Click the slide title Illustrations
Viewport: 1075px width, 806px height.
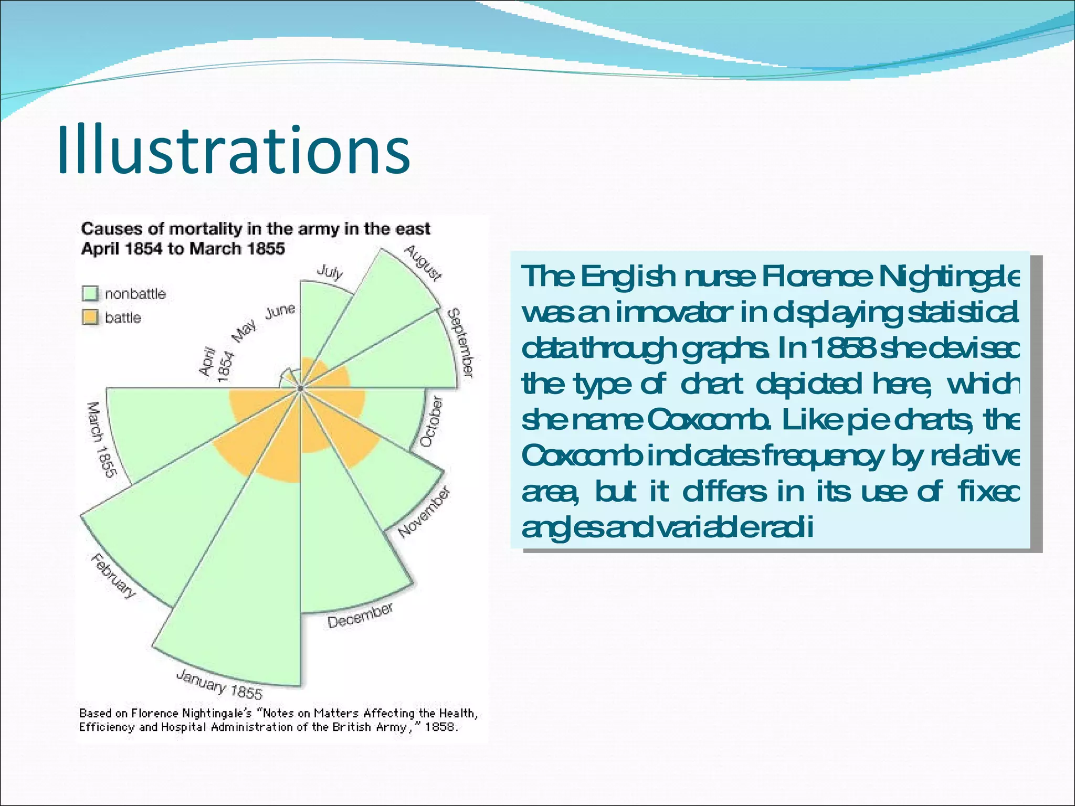pyautogui.click(x=233, y=151)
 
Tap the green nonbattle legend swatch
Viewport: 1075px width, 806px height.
pyautogui.click(x=90, y=293)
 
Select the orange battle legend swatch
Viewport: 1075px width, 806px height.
pyautogui.click(x=90, y=317)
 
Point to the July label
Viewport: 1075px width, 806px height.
pyautogui.click(x=330, y=272)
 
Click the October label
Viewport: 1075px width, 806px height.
pyautogui.click(x=431, y=422)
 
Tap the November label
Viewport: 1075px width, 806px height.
pyautogui.click(x=424, y=512)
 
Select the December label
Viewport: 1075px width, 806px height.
pyautogui.click(x=360, y=615)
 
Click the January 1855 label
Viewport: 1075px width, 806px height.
pyautogui.click(x=219, y=684)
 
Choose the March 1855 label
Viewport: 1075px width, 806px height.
pyautogui.click(x=101, y=440)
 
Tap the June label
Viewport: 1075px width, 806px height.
pyautogui.click(x=280, y=311)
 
